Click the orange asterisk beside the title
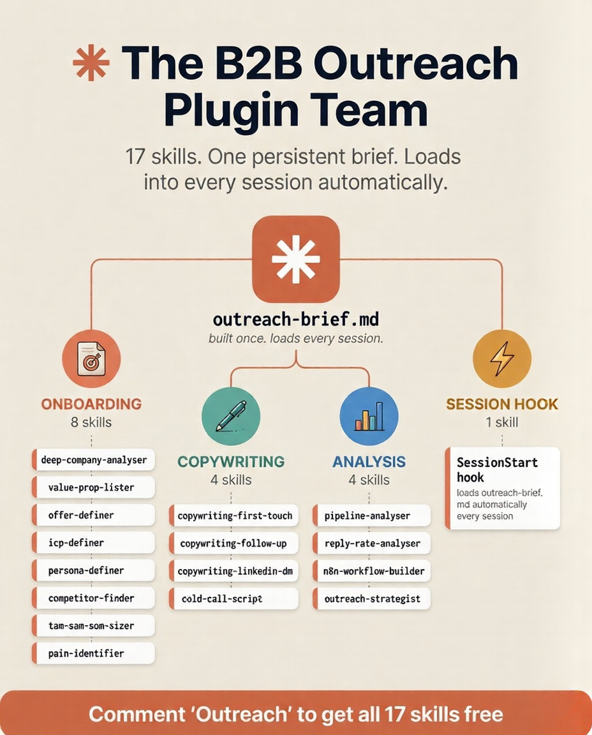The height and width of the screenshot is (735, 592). [x=91, y=63]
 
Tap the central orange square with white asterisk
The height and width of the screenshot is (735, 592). [x=296, y=259]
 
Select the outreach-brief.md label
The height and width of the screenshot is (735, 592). [x=296, y=320]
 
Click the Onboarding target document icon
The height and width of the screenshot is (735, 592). [x=91, y=359]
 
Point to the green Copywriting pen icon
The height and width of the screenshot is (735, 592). [x=231, y=416]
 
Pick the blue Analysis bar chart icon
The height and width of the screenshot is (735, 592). [x=369, y=416]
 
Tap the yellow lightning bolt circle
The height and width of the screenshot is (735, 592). [x=502, y=359]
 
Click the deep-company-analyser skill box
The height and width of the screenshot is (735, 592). [x=93, y=460]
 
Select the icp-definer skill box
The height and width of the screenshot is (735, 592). [x=93, y=543]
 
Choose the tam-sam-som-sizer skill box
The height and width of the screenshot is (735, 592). [x=93, y=626]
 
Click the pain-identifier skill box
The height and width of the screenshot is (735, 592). [x=93, y=653]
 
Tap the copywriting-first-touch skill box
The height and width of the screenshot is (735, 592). [x=234, y=516]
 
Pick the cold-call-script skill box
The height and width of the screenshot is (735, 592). [x=234, y=598]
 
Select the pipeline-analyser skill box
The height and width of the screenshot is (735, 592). [x=372, y=516]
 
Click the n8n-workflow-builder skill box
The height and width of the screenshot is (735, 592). [x=372, y=571]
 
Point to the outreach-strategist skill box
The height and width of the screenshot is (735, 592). [x=372, y=598]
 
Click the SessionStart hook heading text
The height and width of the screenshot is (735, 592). [x=497, y=470]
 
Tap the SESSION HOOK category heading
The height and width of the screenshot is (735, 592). [x=502, y=404]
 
